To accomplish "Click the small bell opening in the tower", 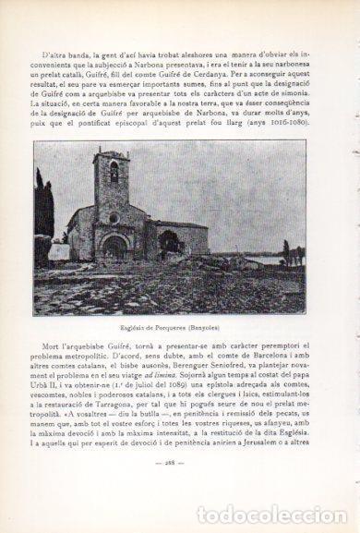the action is coord(114,172).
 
